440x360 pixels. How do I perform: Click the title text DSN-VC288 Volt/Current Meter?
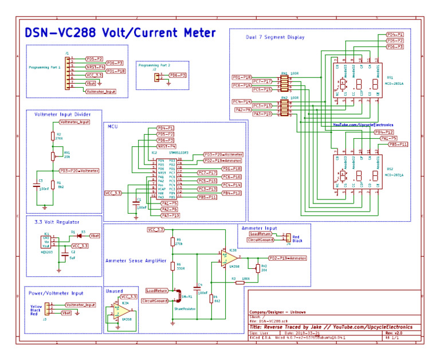pos(120,33)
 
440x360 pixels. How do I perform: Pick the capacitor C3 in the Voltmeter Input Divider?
pos(38,185)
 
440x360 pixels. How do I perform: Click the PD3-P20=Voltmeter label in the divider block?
pos(79,170)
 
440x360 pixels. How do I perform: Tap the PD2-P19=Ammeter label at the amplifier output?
pos(288,259)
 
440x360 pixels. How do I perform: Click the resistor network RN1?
pos(284,84)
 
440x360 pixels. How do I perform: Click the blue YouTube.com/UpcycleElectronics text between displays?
pos(358,124)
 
